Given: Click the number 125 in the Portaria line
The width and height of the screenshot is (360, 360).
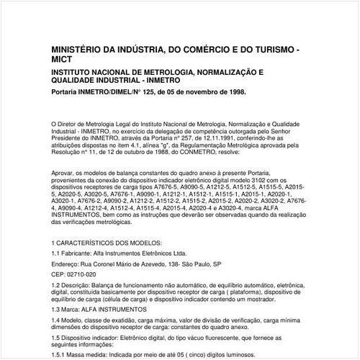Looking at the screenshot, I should pos(138,93).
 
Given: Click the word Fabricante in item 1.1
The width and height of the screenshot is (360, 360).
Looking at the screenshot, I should pos(80,253).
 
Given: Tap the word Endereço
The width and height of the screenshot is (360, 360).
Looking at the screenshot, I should pos(69,264).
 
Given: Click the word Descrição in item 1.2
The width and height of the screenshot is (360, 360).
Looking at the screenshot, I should pos(81,286).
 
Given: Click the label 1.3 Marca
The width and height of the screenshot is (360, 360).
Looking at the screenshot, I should pos(67,310).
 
